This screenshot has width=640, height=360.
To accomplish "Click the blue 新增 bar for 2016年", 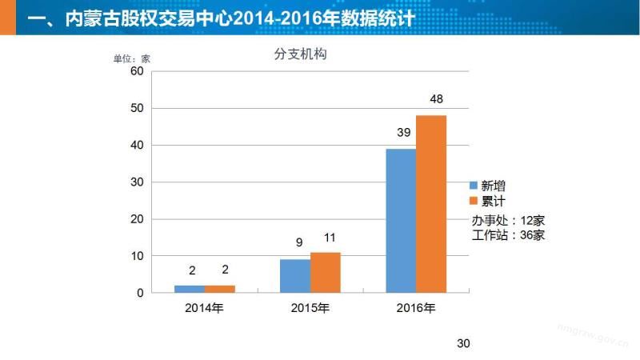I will [x=401, y=221].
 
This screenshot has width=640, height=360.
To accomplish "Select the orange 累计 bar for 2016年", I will [x=431, y=204].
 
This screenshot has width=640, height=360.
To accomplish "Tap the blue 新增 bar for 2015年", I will [x=295, y=276].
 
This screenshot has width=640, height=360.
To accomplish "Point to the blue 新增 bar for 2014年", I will [x=190, y=289].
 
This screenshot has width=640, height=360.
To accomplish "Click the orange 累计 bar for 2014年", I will [x=220, y=289].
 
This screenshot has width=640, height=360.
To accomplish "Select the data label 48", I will [x=436, y=100].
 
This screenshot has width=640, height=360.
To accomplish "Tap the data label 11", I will [x=330, y=238].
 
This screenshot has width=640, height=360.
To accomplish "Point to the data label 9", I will [x=298, y=243].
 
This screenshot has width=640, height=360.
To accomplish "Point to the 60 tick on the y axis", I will [x=136, y=71].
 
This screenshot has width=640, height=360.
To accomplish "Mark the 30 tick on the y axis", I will [x=136, y=182].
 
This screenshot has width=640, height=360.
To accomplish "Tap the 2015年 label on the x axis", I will [x=310, y=308].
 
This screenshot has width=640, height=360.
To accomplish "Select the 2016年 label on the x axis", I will [x=416, y=308].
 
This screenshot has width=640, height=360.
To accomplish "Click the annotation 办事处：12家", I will [x=508, y=220].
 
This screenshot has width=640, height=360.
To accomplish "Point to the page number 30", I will [x=462, y=343].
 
